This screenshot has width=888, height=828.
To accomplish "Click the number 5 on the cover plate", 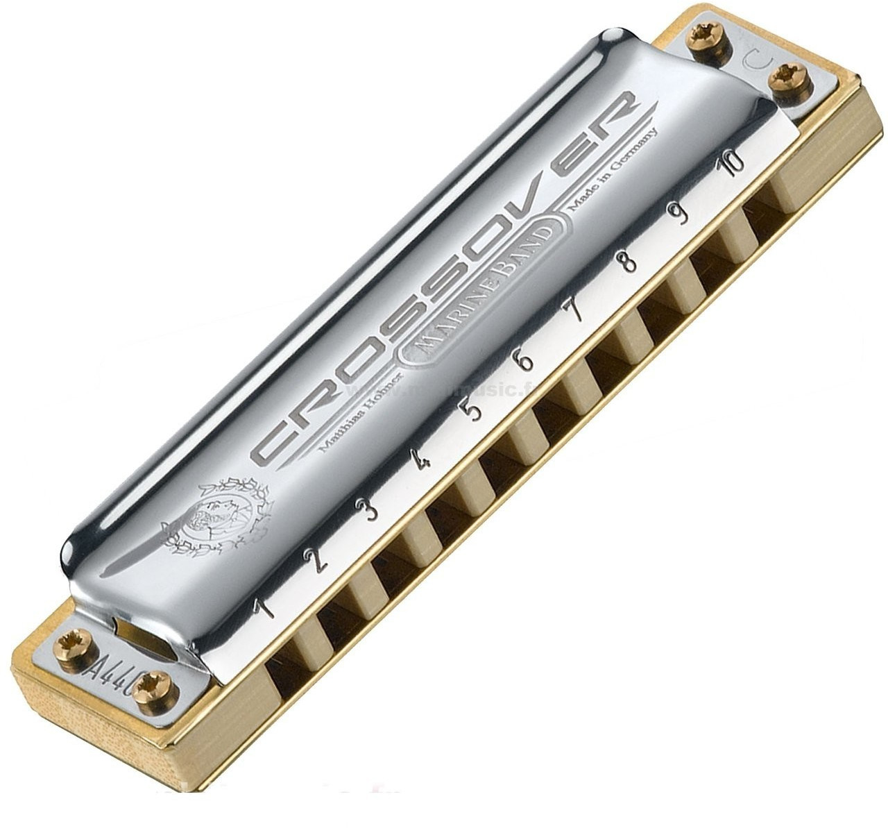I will pyautogui.click(x=474, y=411).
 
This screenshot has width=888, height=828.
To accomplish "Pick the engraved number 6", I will pyautogui.click(x=526, y=362).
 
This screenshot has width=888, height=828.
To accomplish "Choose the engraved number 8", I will pyautogui.click(x=629, y=262).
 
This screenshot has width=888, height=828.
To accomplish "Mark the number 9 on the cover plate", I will pyautogui.click(x=681, y=214).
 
